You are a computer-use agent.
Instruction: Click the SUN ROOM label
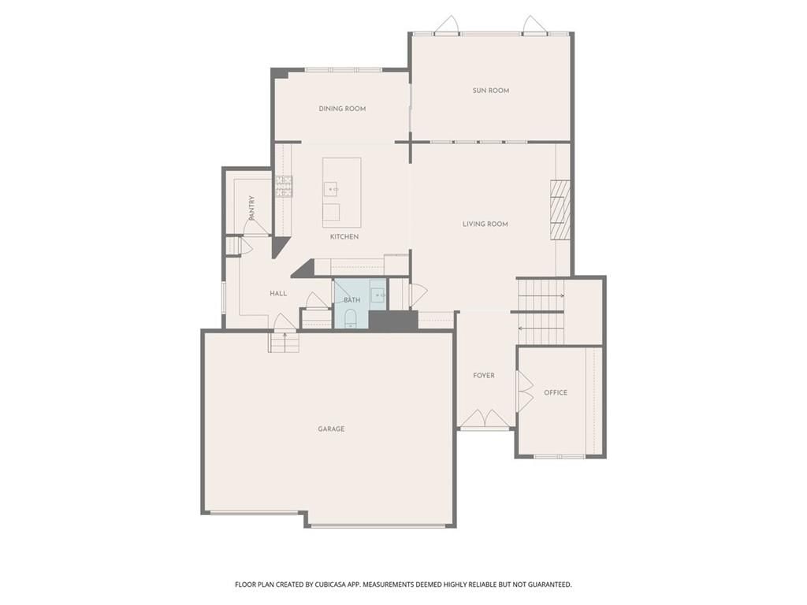pos(490,91)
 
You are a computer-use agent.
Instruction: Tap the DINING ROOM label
pos(342,109)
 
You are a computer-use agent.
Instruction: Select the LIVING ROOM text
pos(485,224)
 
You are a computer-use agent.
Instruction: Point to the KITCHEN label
pos(344,236)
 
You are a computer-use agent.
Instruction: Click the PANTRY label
pos(251,208)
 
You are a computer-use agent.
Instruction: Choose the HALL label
pos(278,293)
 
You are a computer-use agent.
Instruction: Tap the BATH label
pos(352,300)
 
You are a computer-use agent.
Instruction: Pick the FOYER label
pos(484,376)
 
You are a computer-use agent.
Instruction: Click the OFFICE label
pos(556,392)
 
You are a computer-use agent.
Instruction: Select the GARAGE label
pos(331,429)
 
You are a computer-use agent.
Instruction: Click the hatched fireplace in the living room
pos(560,210)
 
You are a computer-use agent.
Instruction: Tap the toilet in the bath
pos(351,318)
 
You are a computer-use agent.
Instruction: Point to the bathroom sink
pos(378,295)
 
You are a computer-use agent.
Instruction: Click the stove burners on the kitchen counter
pos(284,186)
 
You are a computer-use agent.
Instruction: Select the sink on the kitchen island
pos(332,189)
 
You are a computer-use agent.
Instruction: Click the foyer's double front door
pos(485,419)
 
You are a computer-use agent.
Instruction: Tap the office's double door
pos(525,392)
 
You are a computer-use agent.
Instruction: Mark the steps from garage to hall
pos(284,342)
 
